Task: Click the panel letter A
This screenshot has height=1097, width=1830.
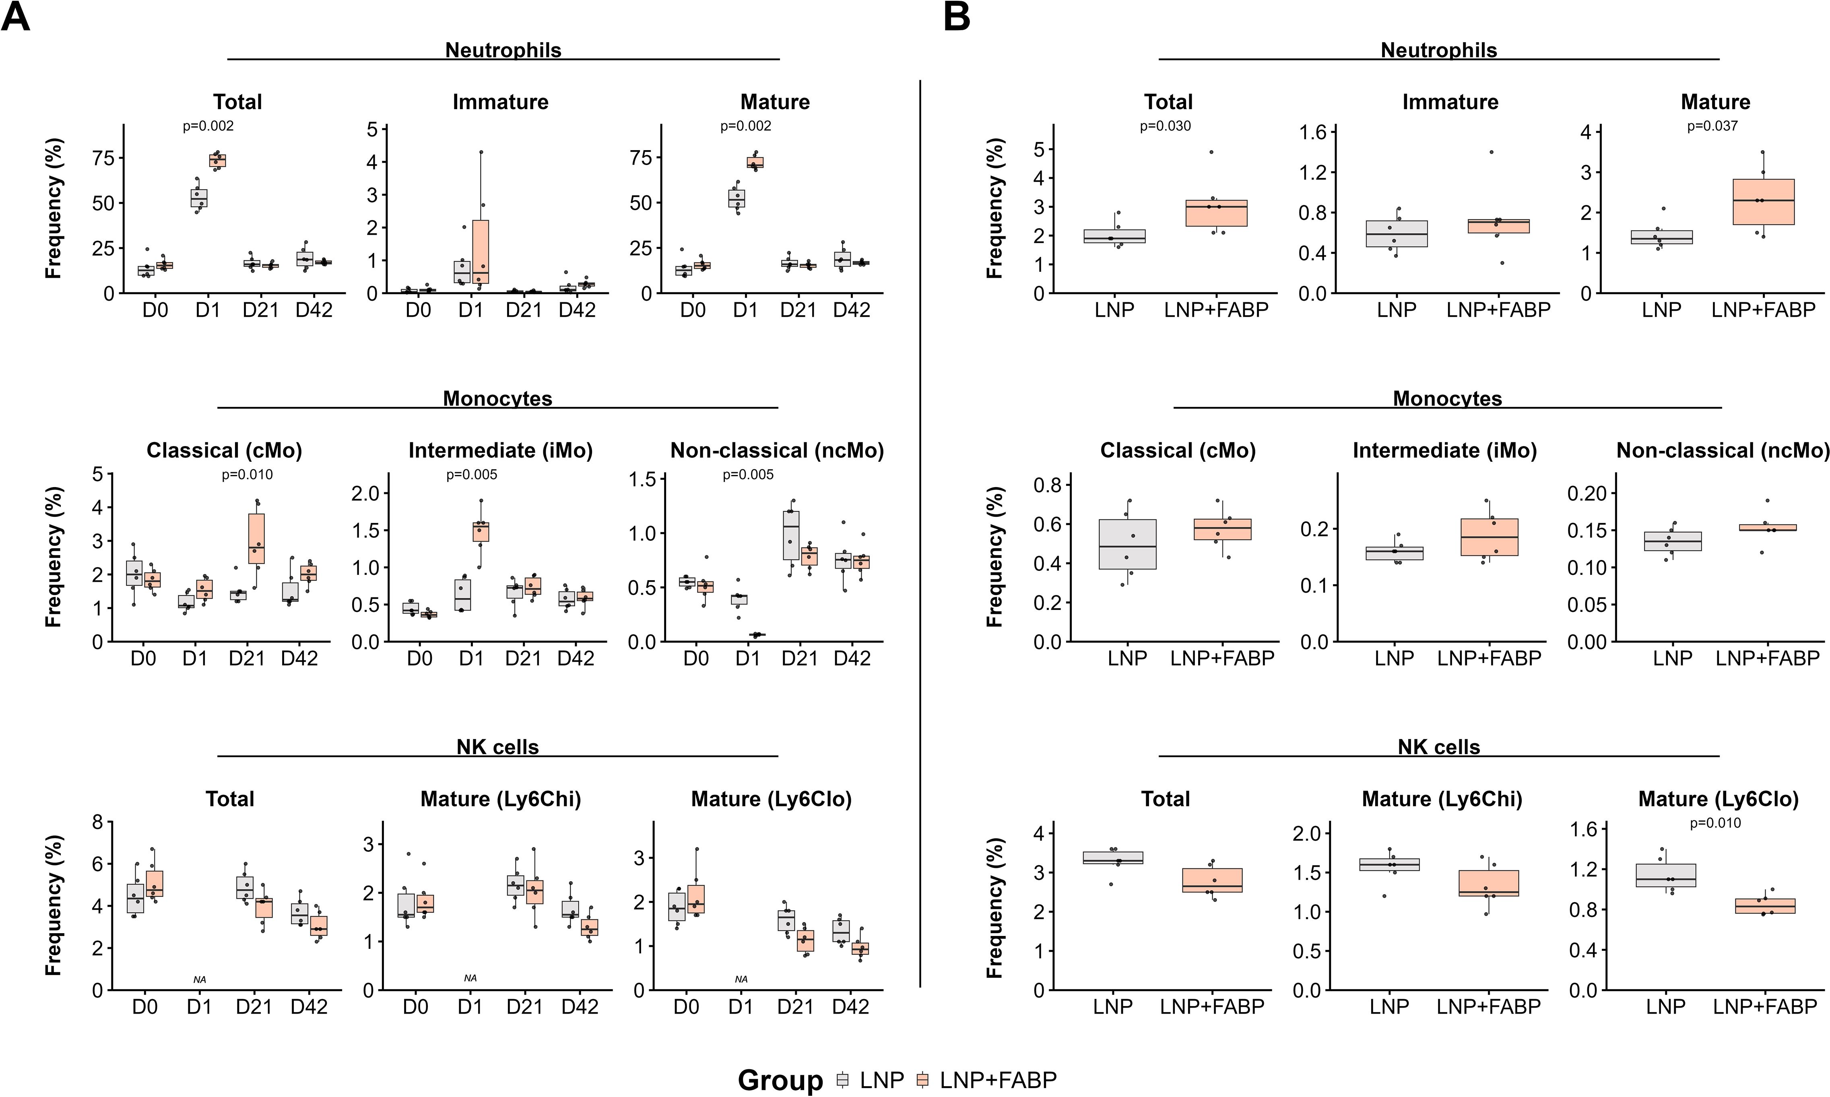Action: pyautogui.click(x=16, y=16)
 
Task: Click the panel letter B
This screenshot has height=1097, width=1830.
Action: pyautogui.click(x=957, y=16)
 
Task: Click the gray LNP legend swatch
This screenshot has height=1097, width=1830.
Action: pyautogui.click(x=842, y=1080)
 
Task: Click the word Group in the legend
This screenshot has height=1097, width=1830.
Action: pyautogui.click(x=780, y=1080)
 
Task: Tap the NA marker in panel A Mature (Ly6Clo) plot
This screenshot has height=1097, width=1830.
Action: pyautogui.click(x=741, y=979)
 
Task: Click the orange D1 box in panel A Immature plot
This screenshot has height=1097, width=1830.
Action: pyautogui.click(x=481, y=251)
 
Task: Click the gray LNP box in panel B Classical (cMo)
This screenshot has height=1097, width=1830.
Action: pyautogui.click(x=1127, y=544)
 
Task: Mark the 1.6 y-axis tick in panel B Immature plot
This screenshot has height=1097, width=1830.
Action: pyautogui.click(x=1316, y=132)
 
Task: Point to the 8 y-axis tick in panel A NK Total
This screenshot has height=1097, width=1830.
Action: pyautogui.click(x=96, y=822)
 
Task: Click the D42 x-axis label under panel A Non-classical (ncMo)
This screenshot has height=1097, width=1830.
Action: pyautogui.click(x=852, y=658)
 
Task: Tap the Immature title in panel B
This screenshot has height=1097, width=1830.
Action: pyautogui.click(x=1450, y=102)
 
